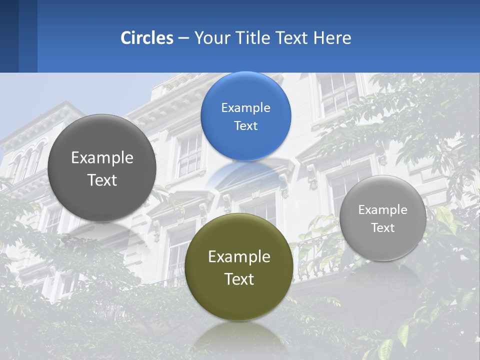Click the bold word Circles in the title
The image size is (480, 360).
(147, 38)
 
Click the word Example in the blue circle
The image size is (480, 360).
(245, 108)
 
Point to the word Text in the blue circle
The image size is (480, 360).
(245, 126)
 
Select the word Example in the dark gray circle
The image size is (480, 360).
(102, 158)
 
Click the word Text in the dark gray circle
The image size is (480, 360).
(102, 180)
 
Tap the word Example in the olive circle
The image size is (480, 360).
(239, 257)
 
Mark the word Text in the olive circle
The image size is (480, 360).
(239, 279)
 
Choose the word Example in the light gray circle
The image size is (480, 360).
(383, 210)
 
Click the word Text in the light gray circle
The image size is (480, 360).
(383, 228)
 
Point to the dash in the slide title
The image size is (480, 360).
(183, 38)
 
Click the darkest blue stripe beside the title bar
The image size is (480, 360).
(9, 36)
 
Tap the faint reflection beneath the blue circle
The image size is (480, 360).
(245, 172)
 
